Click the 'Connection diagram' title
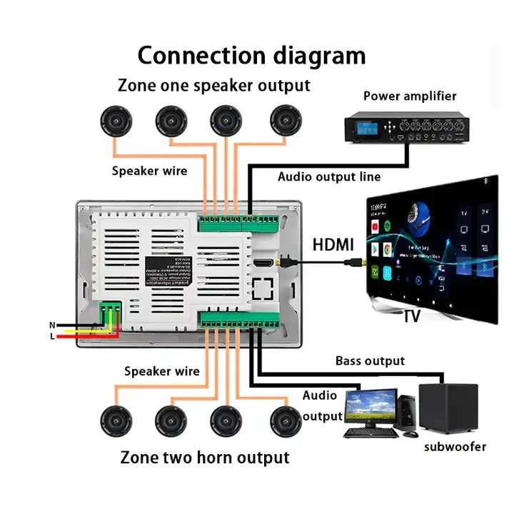pyautogui.click(x=251, y=55)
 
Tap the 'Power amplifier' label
pyautogui.click(x=410, y=96)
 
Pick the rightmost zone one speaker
pyautogui.click(x=286, y=120)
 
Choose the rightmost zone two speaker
pyautogui.click(x=286, y=420)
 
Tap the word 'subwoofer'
pyautogui.click(x=455, y=447)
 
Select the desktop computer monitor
pyautogui.click(x=370, y=407)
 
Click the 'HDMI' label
pyautogui.click(x=333, y=245)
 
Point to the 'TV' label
pyautogui.click(x=413, y=317)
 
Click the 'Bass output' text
pyautogui.click(x=370, y=361)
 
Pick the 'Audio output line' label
pyautogui.click(x=329, y=176)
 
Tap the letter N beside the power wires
pyautogui.click(x=52, y=325)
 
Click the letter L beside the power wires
pyautogui.click(x=52, y=336)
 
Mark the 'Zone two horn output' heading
pyautogui.click(x=205, y=457)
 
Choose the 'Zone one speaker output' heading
pyautogui.click(x=213, y=86)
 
